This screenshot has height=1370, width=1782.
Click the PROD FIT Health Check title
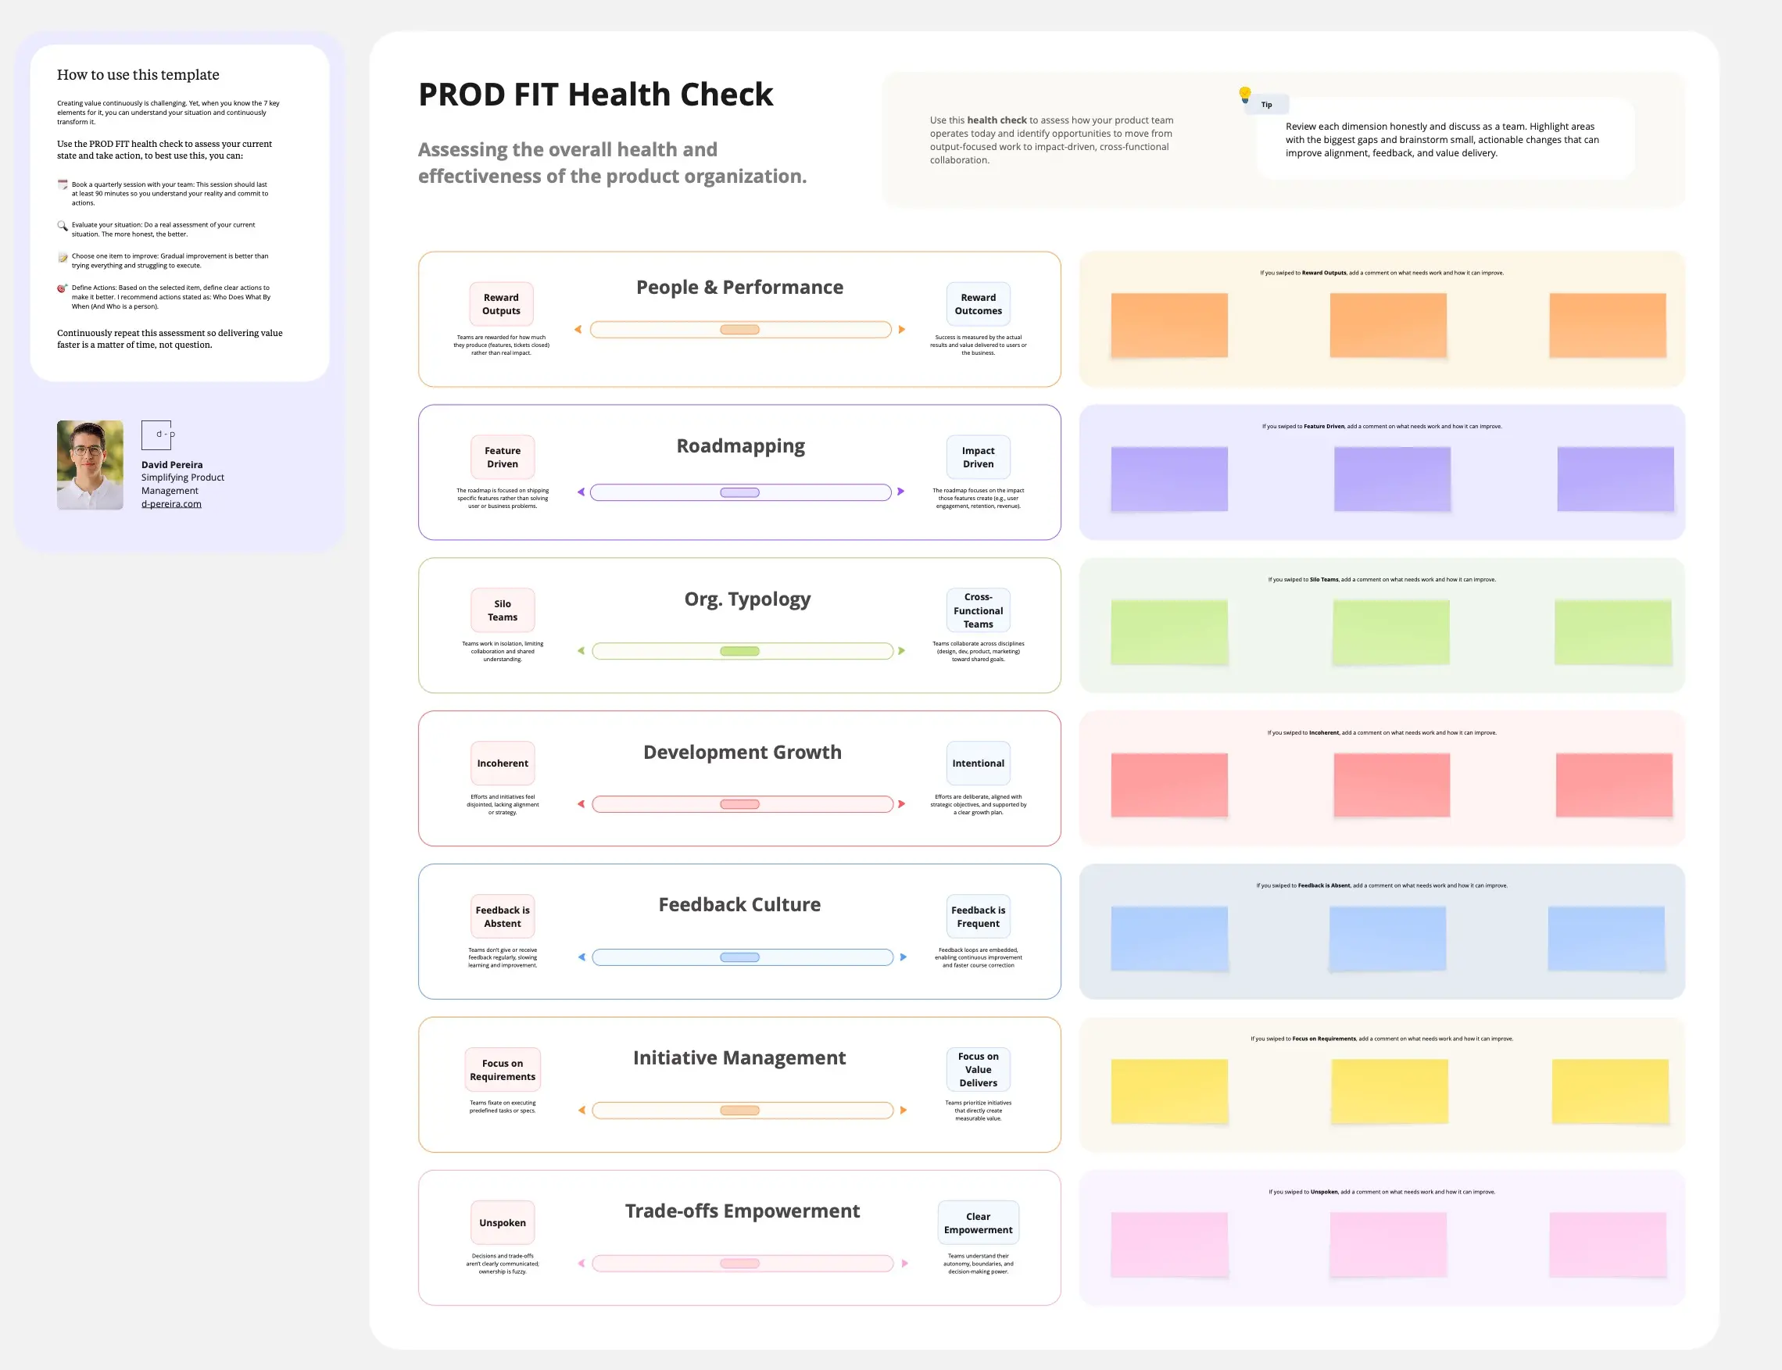pos(595,95)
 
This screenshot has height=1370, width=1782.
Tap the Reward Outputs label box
pos(501,304)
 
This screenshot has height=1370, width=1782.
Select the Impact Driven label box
pos(978,457)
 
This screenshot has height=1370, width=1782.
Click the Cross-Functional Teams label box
pos(978,611)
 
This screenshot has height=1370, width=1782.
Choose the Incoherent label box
pos(503,764)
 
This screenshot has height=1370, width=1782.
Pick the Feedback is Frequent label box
pos(978,917)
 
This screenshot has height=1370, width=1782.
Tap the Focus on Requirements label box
pos(503,1070)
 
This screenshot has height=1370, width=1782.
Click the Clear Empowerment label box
pos(978,1223)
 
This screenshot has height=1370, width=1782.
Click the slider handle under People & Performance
pos(739,330)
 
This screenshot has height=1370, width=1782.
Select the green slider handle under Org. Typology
pos(739,651)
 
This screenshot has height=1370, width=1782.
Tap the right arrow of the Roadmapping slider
pos(901,492)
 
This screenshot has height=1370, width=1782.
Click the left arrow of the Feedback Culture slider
pos(581,957)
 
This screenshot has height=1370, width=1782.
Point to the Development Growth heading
pos(742,752)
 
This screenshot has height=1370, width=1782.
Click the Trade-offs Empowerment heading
pos(742,1211)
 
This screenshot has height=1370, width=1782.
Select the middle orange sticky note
pos(1388,325)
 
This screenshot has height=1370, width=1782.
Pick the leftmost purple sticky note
pos(1168,479)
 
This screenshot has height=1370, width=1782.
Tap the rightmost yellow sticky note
pos(1610,1091)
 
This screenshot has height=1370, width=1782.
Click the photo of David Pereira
pos(90,465)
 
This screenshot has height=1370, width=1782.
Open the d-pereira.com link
pos(171,504)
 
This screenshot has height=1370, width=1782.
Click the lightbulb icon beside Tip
pos(1244,95)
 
